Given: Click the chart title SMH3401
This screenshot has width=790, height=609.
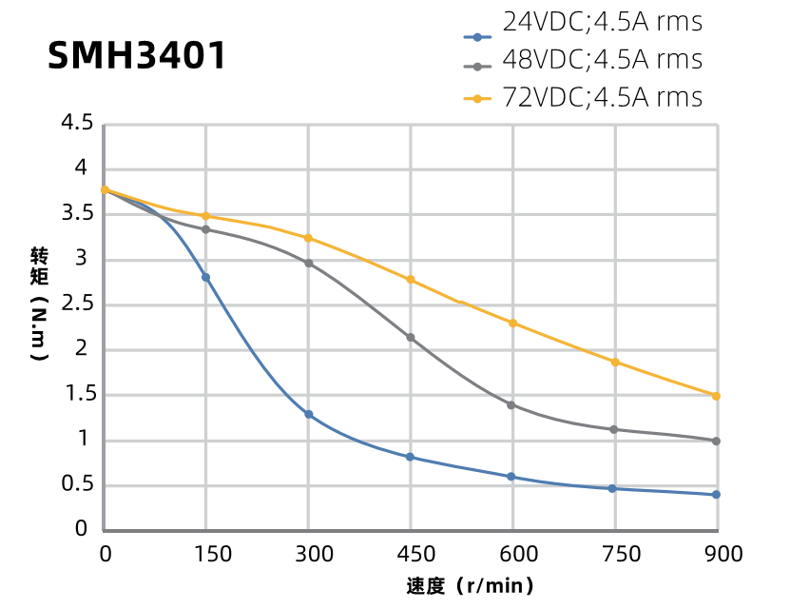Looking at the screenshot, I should pos(138,56).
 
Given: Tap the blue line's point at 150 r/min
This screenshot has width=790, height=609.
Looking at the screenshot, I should pos(205,277).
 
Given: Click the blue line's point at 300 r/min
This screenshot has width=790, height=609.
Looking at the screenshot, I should pos(309,414).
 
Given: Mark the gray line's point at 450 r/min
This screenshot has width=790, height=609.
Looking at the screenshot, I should pos(411,338).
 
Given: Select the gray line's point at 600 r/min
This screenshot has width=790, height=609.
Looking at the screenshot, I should pos(511,404).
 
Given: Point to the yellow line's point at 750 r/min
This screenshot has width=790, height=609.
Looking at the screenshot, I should pos(615,362).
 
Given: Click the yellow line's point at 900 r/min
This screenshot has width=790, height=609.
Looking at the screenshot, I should pos(716,395).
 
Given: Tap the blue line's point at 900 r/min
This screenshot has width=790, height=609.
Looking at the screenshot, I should pos(716,494).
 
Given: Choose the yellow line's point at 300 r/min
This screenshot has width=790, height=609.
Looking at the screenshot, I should pos(309,238).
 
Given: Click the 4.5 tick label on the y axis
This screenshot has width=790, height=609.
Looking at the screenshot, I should pos(76,123).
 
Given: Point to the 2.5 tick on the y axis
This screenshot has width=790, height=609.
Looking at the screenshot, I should pos(76,304).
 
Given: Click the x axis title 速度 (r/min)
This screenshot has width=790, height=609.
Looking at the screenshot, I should pos(471,585).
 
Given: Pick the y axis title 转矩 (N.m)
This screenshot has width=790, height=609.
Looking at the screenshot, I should pos(38,304).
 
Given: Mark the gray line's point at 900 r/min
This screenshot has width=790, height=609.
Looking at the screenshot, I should pos(716,441).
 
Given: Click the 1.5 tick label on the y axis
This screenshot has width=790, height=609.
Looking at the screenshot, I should pos(76,394).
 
